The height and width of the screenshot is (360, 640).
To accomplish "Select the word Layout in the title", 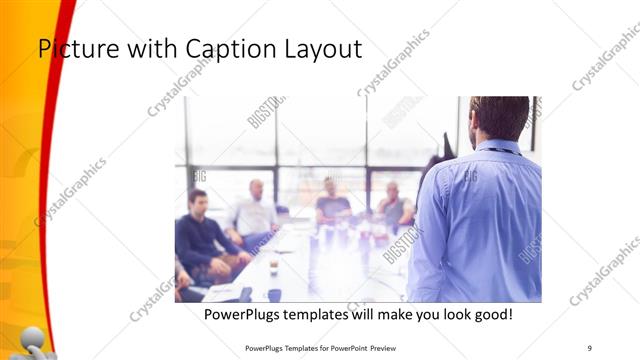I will (322, 48).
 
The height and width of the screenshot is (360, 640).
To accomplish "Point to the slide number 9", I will (590, 347).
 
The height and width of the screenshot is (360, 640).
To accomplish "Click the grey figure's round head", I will (32, 337).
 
